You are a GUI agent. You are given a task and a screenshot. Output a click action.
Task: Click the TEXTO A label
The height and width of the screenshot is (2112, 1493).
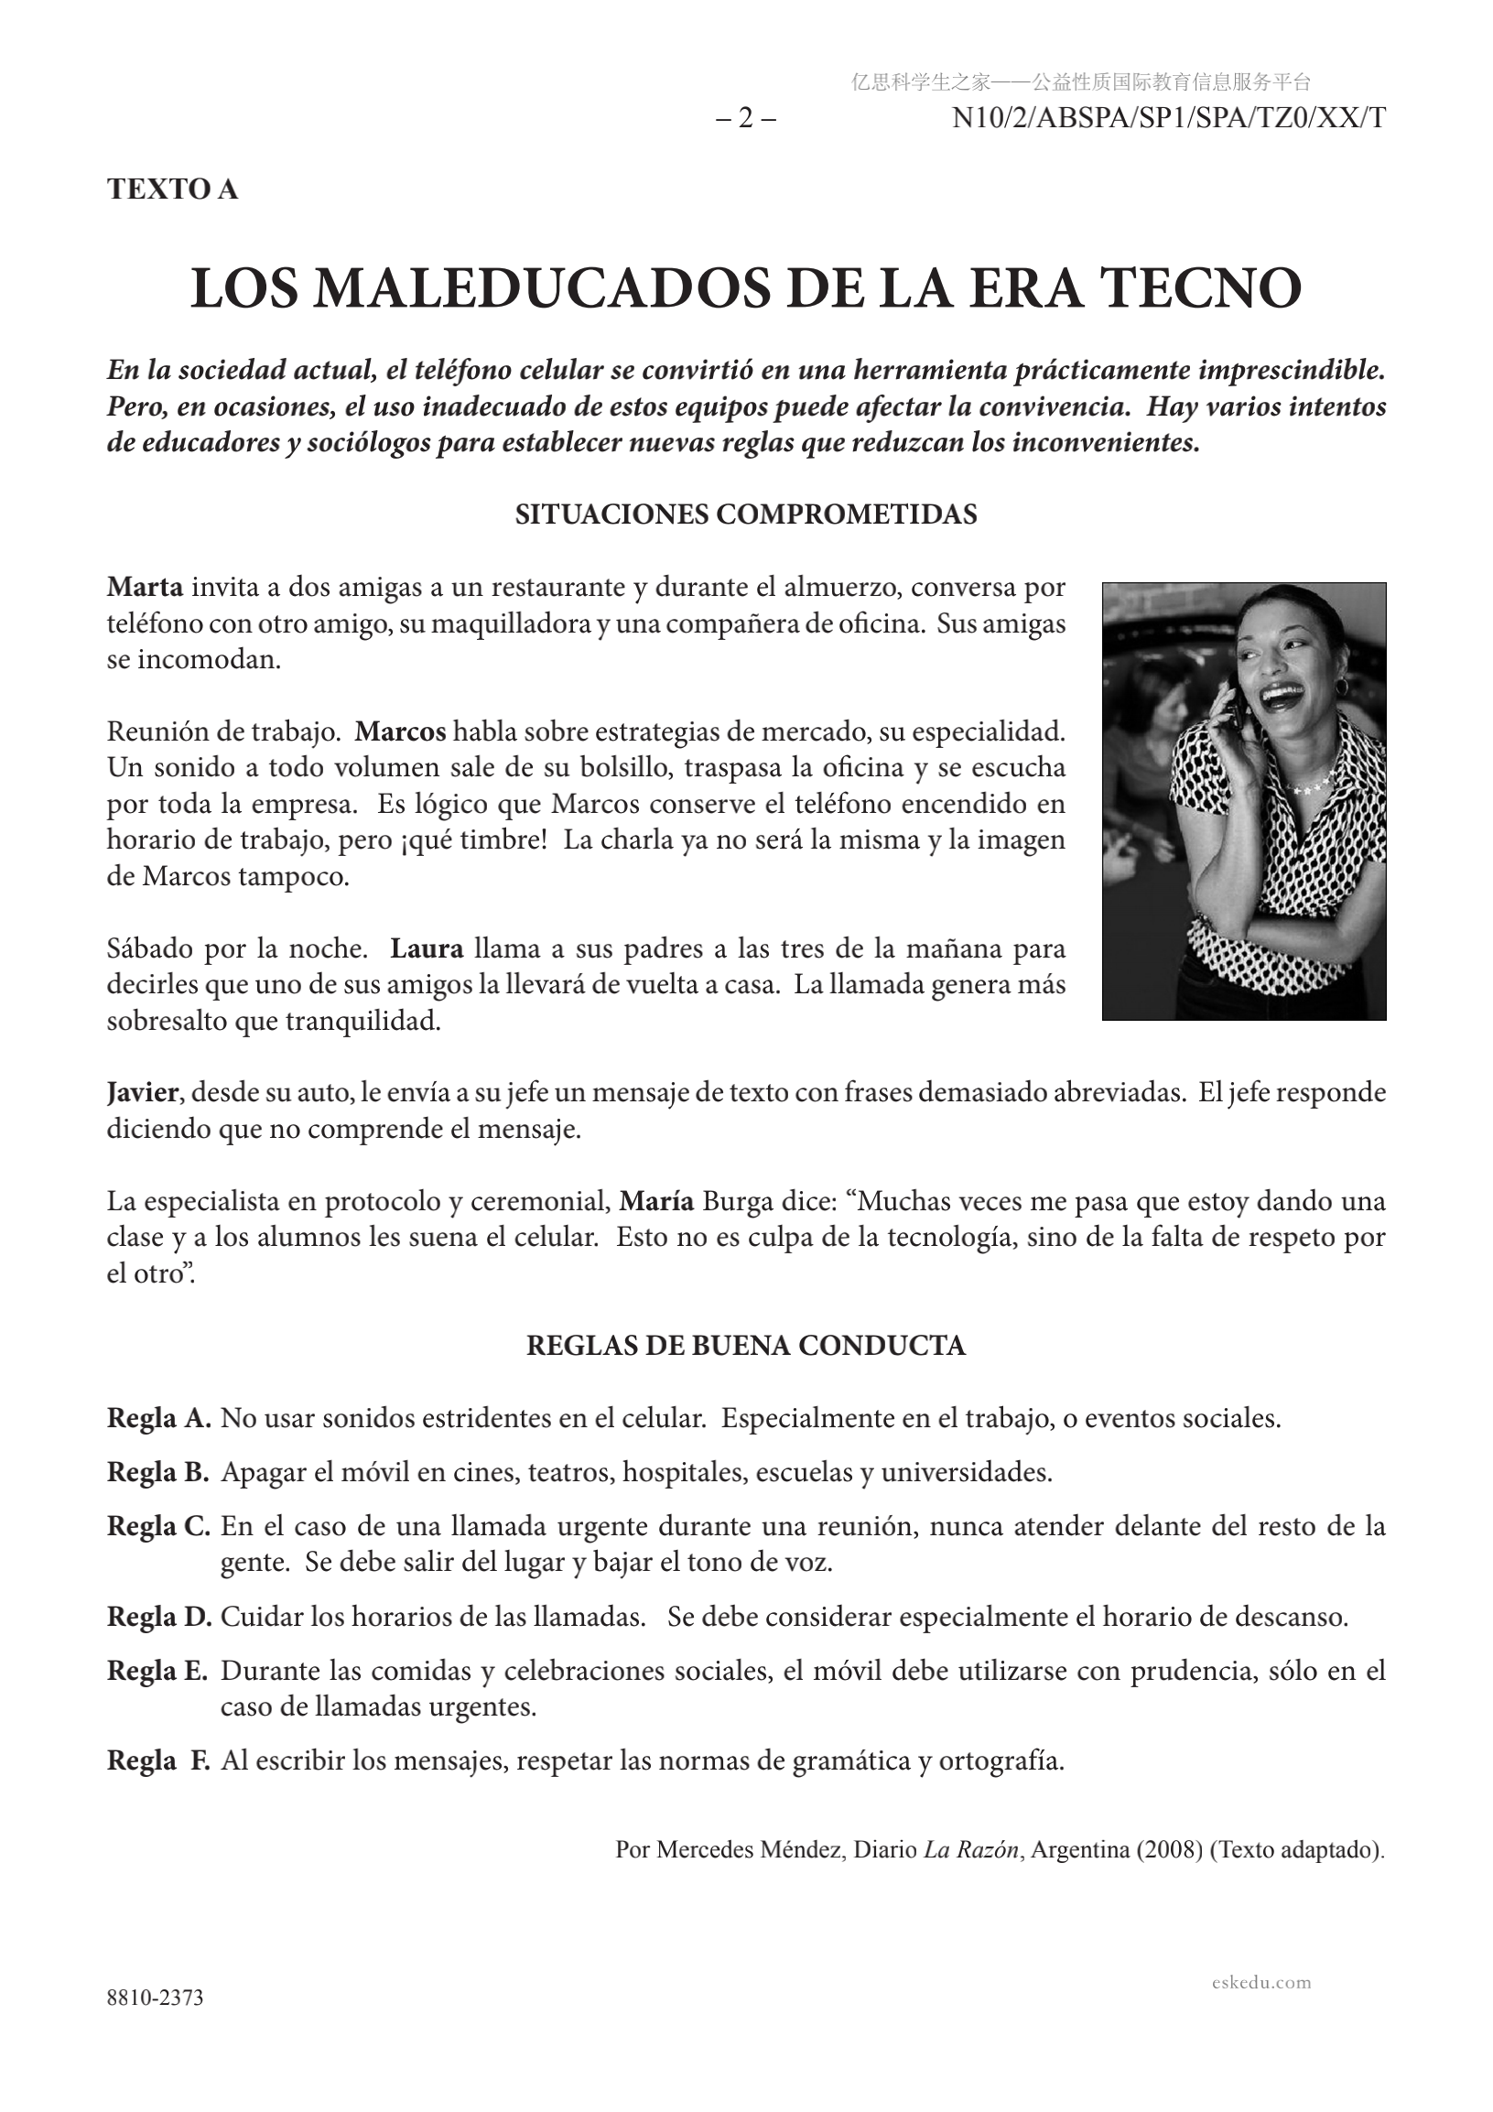tap(172, 189)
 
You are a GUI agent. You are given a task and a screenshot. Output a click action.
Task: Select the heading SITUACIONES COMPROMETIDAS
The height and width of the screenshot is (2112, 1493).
tap(746, 514)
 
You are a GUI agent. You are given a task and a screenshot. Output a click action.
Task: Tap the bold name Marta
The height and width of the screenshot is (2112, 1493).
tap(145, 587)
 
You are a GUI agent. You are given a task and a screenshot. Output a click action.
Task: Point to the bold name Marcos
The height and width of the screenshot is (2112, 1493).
tap(400, 731)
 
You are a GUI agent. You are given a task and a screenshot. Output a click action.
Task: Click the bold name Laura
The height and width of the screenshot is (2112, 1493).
tap(427, 948)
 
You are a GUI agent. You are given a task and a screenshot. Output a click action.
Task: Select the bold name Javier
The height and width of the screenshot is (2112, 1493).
tap(143, 1093)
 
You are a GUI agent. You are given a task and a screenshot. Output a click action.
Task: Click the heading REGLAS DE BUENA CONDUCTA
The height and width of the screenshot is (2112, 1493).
tap(746, 1346)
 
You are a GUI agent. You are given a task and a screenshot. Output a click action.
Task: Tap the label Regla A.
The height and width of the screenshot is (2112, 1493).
tap(159, 1418)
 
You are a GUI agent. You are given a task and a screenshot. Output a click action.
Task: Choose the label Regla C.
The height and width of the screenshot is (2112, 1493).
tap(159, 1527)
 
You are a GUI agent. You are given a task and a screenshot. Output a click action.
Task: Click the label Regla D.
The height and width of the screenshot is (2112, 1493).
tap(159, 1617)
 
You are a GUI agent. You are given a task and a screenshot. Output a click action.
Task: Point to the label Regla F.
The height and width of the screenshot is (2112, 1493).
tap(159, 1761)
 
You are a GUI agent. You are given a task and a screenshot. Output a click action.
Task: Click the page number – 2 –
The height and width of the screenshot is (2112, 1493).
tap(745, 119)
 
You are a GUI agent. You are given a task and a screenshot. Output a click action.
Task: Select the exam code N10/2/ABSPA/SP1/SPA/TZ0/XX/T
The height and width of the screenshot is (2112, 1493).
tap(1168, 119)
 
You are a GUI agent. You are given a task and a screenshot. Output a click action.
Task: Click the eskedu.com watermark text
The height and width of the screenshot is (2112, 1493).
tap(1261, 1982)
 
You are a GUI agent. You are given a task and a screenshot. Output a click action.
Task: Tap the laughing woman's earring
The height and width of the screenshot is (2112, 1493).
tap(1341, 688)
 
